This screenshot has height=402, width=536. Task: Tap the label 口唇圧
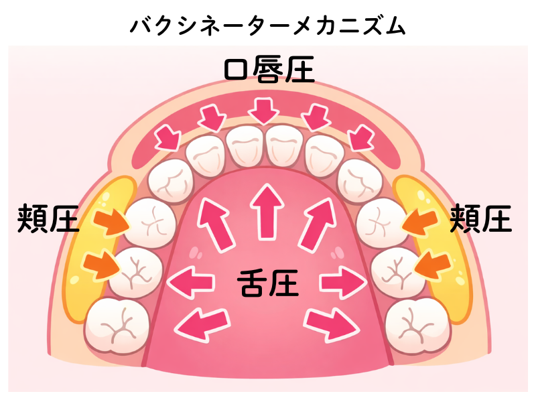click(268, 70)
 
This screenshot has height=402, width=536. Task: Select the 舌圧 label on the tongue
click(268, 283)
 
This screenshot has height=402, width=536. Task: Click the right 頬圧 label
click(480, 218)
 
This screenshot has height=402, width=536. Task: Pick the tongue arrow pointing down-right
click(332, 324)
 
